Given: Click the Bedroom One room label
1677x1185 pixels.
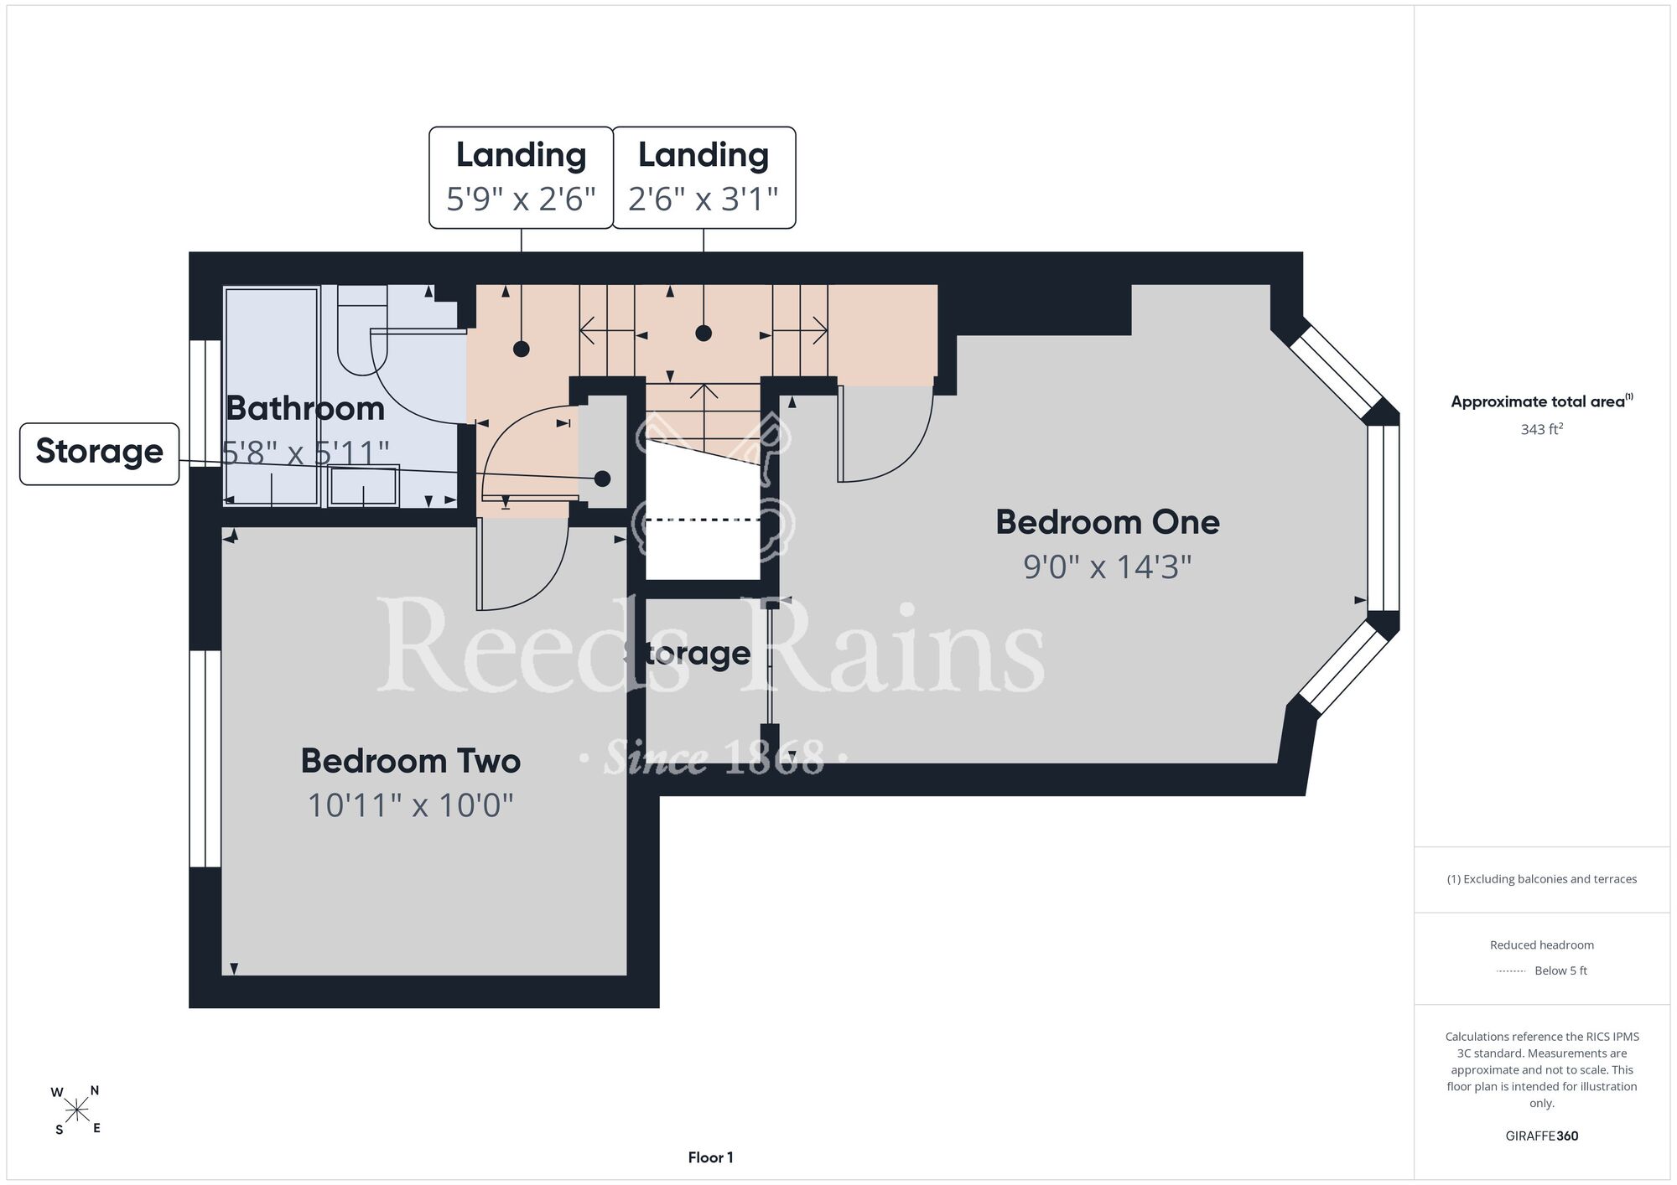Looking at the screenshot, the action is click(1107, 522).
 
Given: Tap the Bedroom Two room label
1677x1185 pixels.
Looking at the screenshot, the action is click(411, 761).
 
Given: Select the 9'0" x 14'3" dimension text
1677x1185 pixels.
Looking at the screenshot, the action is click(1107, 567).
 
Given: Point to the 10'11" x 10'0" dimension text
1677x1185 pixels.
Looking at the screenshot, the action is click(410, 805).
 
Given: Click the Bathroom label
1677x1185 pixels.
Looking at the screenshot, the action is click(305, 408).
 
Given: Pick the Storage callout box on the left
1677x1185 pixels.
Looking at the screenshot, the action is click(100, 453).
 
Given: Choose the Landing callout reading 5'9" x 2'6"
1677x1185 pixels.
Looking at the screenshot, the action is click(522, 178).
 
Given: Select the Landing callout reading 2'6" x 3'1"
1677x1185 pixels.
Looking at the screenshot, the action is click(704, 178).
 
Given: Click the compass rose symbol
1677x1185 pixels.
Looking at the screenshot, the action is click(76, 1110).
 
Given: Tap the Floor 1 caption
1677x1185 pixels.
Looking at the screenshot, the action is click(710, 1157).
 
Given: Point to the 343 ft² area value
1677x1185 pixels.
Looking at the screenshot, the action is click(1542, 429).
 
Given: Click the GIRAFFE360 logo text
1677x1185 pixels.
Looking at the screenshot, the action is click(1542, 1136).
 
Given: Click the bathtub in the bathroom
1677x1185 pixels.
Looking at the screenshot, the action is click(272, 396).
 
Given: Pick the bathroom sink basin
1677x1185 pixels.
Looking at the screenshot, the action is click(363, 485).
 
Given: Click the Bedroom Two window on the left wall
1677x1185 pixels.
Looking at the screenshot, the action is click(205, 758).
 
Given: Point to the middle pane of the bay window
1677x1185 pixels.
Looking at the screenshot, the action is click(1384, 518).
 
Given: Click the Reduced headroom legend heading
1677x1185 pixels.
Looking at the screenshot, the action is click(1542, 945).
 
